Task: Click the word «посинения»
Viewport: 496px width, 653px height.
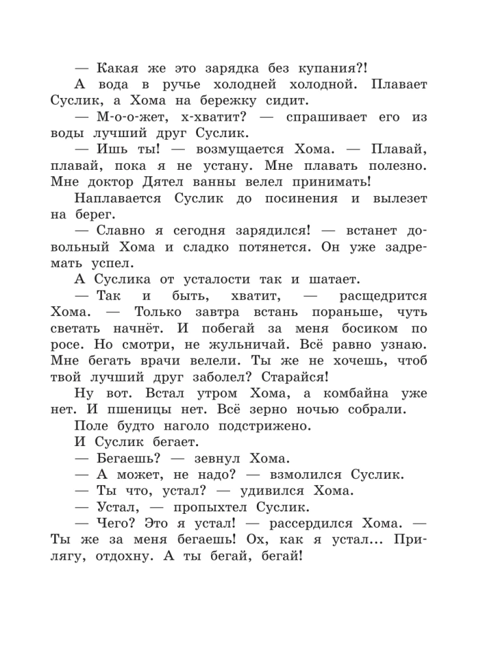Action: [306, 203]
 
